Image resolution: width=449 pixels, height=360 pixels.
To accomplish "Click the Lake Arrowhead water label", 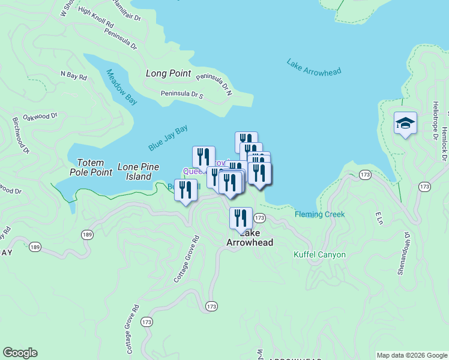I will coord(313,67).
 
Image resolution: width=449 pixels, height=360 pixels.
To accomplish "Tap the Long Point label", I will coord(169,74).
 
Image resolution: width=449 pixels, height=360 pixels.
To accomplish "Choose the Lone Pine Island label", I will coord(134,172).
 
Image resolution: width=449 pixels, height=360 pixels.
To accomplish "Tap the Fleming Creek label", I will coord(320,214).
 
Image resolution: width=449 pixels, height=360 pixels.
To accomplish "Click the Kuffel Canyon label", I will coord(319,254).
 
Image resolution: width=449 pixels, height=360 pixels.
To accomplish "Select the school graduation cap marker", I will coord(405,123).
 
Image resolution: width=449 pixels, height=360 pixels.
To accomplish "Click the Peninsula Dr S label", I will coord(182,94).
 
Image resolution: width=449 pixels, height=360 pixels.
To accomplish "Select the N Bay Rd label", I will coord(74,77).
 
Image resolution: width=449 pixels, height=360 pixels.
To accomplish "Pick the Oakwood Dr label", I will coord(40,116).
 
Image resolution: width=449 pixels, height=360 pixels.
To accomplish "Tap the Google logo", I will coord(20,353).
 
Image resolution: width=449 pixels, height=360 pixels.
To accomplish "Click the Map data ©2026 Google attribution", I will coord(412,355).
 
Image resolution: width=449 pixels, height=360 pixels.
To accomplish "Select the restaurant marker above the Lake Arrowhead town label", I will coord(241,218).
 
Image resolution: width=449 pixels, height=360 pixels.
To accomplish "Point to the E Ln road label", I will coord(378,218).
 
